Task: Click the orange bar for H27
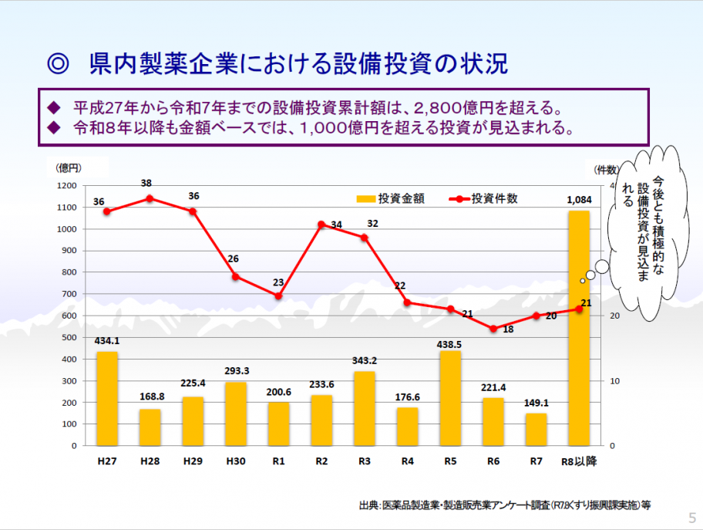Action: point(107,398)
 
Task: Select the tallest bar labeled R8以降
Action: point(579,328)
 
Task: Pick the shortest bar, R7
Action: point(536,430)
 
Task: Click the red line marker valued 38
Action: point(150,198)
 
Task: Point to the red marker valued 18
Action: point(493,329)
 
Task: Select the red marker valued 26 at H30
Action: point(236,276)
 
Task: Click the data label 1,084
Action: point(579,200)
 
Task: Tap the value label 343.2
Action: point(365,361)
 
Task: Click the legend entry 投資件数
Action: point(484,198)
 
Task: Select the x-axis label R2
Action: point(321,461)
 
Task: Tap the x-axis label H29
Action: point(193,461)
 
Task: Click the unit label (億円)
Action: point(69,167)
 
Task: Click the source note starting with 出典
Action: point(505,505)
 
